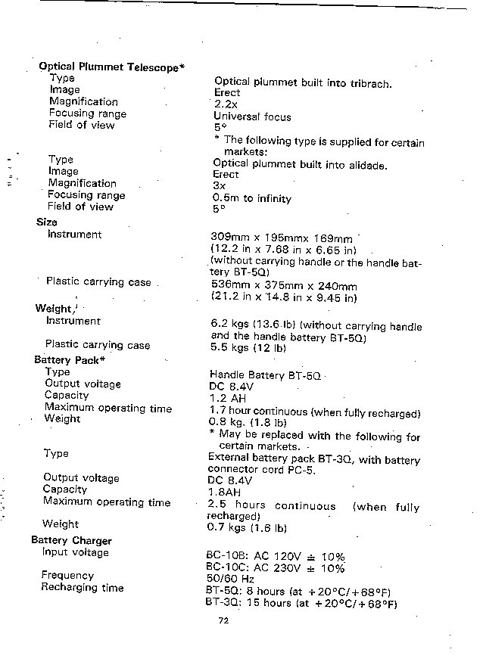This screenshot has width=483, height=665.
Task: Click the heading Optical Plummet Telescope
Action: [x=111, y=67]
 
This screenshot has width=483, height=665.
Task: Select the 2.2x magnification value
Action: [x=226, y=104]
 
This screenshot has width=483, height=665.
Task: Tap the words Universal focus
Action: [x=252, y=117]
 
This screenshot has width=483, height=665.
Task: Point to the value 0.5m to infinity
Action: [x=252, y=199]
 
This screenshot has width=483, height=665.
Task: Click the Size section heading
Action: [x=46, y=222]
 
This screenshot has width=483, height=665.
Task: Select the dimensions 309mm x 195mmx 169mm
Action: [x=281, y=238]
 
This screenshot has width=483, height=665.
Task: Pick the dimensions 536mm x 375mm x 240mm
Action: [x=283, y=286]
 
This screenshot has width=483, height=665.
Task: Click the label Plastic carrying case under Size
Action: [x=98, y=281]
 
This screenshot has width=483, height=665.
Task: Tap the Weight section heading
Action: [x=53, y=309]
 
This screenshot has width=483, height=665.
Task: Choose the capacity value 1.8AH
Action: [x=225, y=492]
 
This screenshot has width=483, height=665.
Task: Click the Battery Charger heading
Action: [x=71, y=540]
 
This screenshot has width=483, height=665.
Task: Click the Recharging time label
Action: [x=83, y=588]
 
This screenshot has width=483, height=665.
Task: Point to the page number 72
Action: [x=223, y=621]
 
